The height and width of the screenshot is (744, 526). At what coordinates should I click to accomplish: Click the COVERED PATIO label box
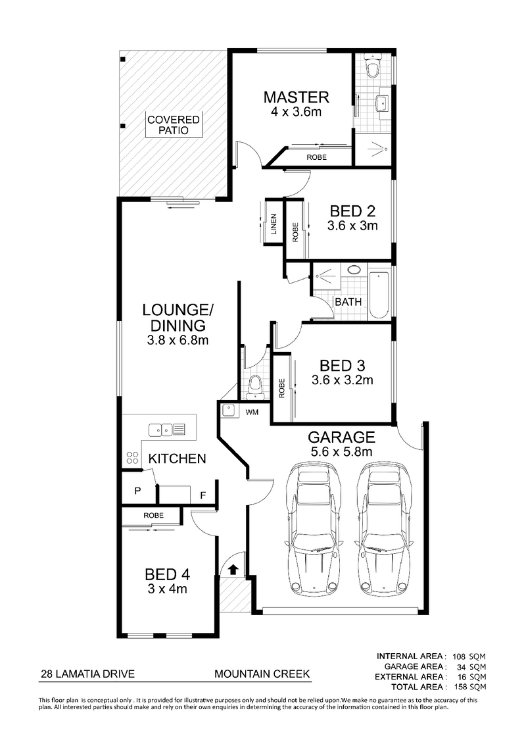174,125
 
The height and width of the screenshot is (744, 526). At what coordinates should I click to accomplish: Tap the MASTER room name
296,97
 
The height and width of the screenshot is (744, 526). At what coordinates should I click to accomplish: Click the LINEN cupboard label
274,226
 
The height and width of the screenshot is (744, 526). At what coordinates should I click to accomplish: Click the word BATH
348,302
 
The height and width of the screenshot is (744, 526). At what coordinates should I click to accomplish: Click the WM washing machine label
252,412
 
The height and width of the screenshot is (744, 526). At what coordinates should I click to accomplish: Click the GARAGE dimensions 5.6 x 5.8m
341,452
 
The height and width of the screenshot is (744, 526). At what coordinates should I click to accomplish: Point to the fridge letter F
203,493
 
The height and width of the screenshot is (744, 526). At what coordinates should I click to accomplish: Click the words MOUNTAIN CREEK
262,674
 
